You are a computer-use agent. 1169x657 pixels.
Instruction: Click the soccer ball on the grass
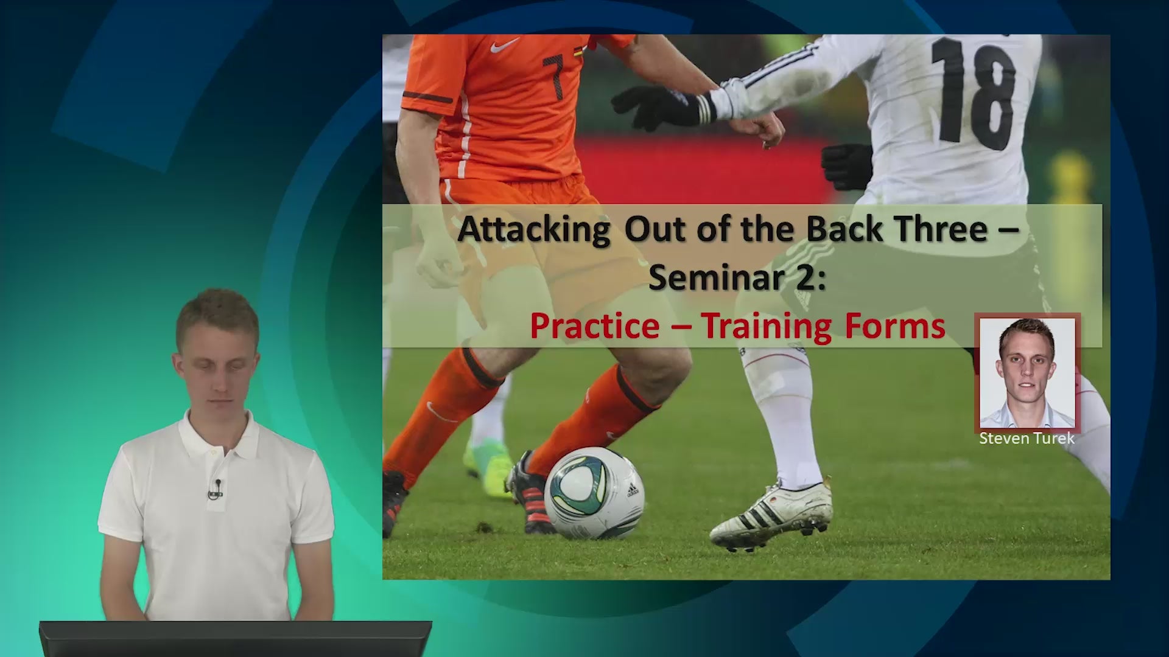[x=594, y=493]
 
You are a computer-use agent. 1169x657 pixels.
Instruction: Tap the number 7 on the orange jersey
[x=554, y=77]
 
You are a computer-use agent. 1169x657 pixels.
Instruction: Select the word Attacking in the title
[x=533, y=230]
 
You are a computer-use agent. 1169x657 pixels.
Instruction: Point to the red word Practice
[x=595, y=326]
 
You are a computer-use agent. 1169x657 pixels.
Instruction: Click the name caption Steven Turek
[x=1027, y=439]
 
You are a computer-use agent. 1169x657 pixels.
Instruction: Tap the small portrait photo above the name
[x=1027, y=372]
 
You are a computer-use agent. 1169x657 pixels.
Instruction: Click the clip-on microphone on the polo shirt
[x=216, y=489]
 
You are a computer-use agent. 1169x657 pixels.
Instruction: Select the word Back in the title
[x=844, y=229]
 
